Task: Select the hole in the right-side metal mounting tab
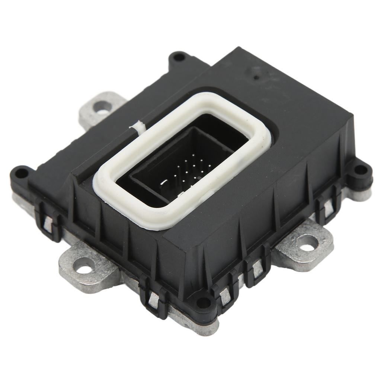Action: pos(307,243)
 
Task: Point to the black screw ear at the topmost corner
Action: pos(179,57)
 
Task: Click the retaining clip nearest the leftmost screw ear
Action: pos(48,221)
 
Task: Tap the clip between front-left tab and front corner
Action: pos(153,296)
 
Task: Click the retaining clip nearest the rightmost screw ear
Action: pos(328,204)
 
